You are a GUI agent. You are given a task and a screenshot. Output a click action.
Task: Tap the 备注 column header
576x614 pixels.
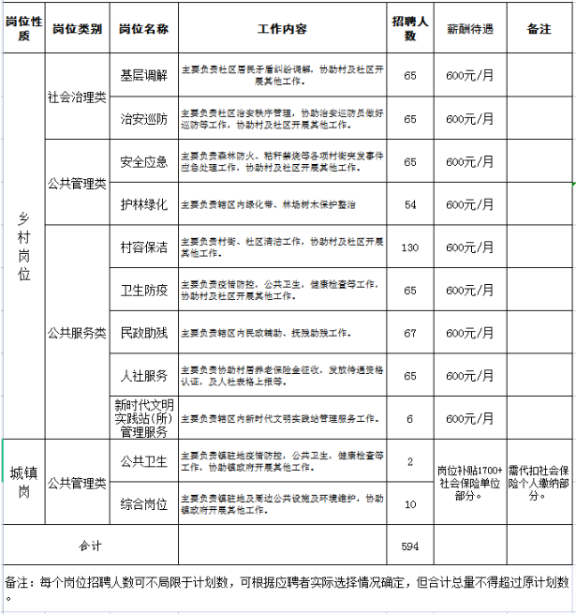[x=539, y=28]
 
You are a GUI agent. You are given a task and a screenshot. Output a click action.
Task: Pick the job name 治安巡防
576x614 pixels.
[x=144, y=119]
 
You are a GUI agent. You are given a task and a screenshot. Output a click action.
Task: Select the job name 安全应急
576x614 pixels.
[x=144, y=161]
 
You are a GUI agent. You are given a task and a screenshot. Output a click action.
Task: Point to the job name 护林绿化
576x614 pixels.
[x=144, y=203]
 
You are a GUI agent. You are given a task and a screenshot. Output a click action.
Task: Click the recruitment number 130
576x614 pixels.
[x=410, y=247]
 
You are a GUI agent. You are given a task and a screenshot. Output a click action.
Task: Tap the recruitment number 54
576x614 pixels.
[x=410, y=203]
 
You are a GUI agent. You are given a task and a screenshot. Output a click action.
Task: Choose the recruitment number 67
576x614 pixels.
[x=410, y=333]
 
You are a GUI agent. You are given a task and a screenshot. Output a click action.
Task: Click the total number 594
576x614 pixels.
[x=410, y=546]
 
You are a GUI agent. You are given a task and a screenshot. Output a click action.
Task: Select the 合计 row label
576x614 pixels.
[x=90, y=546]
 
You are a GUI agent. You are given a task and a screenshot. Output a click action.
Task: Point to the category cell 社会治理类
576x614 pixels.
[x=77, y=97]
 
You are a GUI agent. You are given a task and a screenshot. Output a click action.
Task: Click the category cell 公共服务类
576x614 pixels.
[x=77, y=333]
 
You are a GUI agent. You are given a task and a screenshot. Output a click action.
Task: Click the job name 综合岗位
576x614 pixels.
[x=144, y=504]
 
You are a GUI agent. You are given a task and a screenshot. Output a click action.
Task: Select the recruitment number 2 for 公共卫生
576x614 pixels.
[x=410, y=461]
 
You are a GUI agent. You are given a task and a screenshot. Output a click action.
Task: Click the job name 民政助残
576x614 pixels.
[x=144, y=333]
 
